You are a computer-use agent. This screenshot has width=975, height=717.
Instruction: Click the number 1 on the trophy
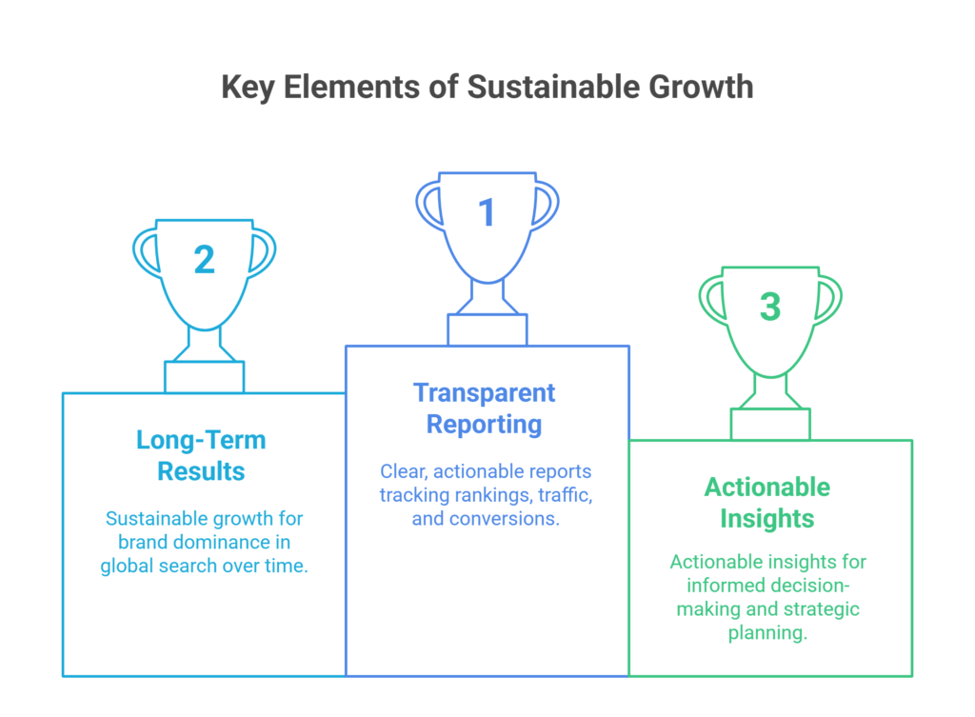click(487, 212)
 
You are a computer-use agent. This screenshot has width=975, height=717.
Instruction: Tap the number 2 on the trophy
click(204, 259)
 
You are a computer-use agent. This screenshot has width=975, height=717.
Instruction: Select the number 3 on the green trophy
click(769, 307)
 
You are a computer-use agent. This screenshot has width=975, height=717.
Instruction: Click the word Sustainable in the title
click(554, 87)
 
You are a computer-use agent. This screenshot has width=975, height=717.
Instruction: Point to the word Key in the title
click(249, 88)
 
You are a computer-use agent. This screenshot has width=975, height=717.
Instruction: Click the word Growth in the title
click(701, 87)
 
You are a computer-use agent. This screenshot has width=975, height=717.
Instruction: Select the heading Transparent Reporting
click(485, 408)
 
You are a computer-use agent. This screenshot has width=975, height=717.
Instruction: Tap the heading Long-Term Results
click(202, 455)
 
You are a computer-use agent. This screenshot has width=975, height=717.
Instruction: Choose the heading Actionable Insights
click(767, 503)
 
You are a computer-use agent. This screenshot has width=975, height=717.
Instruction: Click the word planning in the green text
click(768, 633)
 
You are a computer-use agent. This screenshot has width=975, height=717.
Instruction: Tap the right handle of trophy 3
click(829, 300)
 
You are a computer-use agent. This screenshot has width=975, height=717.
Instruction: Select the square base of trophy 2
click(204, 376)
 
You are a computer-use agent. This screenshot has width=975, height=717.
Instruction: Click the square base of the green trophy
click(770, 424)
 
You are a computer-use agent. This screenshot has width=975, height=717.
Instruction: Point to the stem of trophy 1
click(487, 297)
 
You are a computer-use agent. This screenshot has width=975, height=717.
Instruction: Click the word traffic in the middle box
click(566, 495)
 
